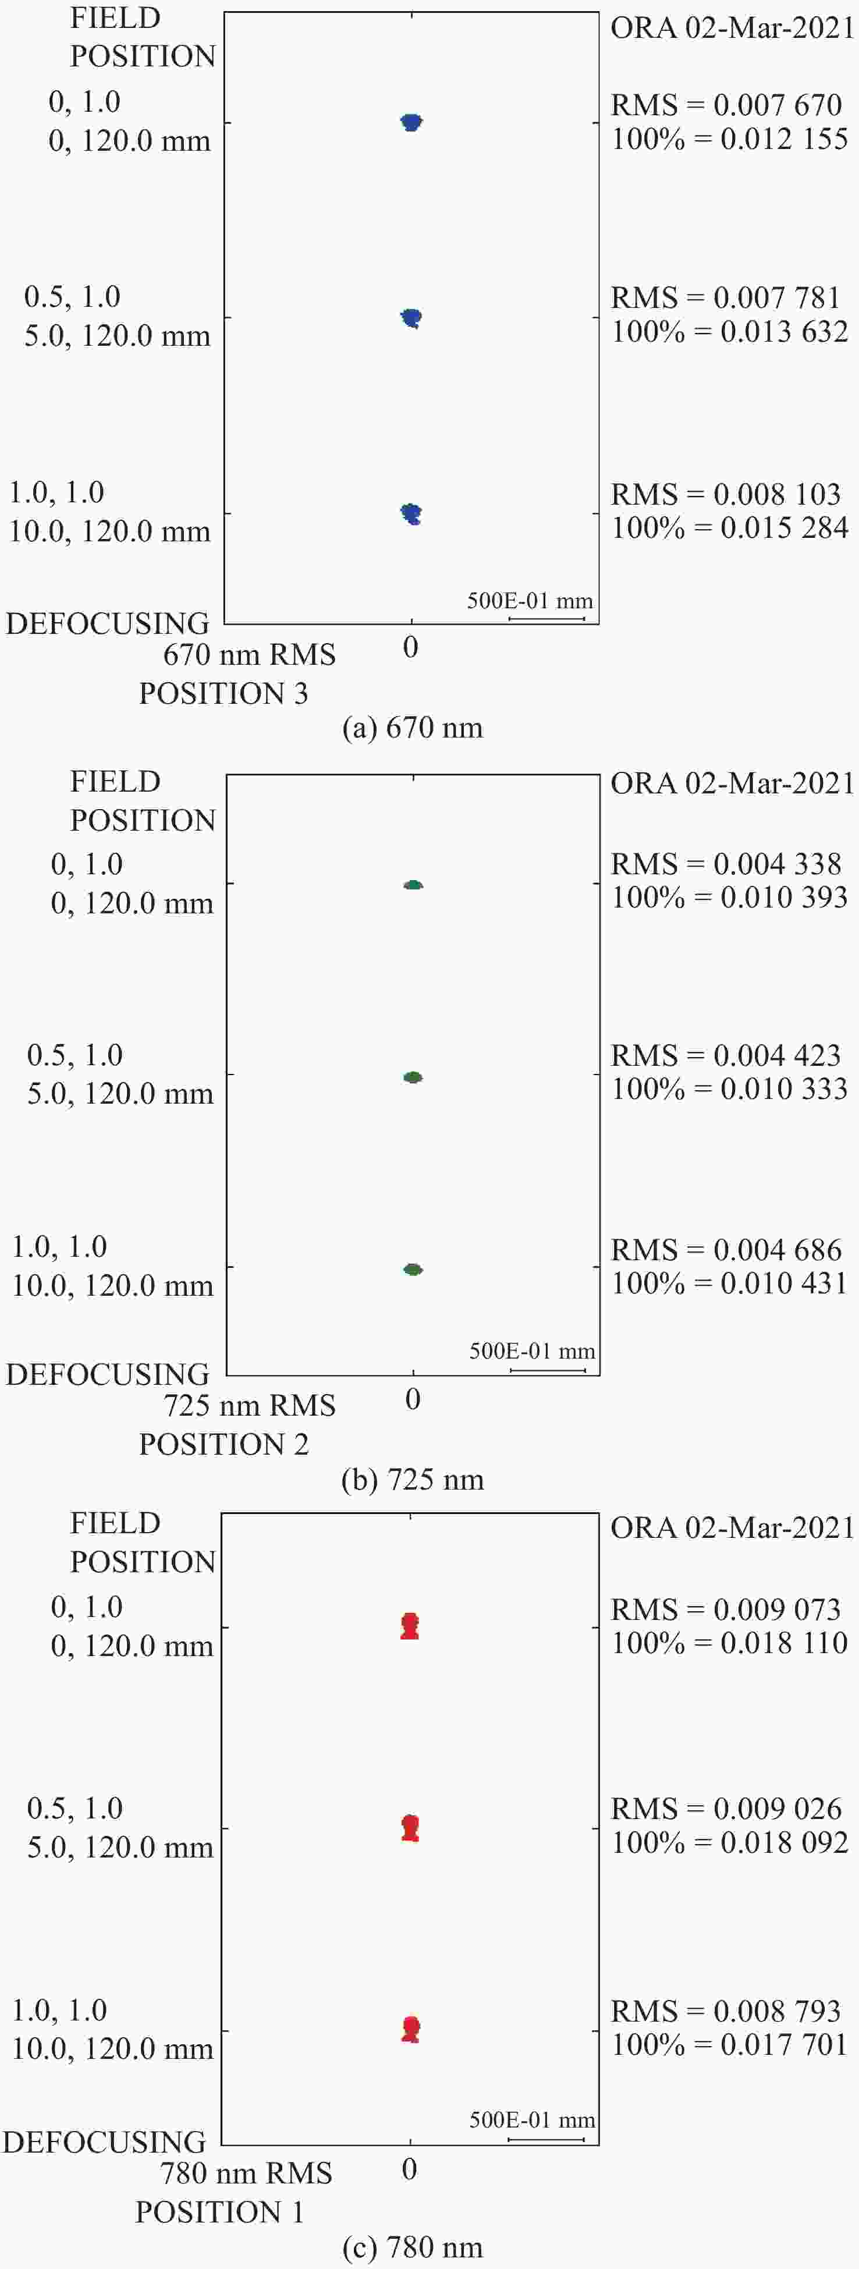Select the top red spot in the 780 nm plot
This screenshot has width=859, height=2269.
click(410, 1626)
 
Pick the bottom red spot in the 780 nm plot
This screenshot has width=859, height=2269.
click(410, 2029)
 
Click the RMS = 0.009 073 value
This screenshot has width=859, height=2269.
click(726, 1609)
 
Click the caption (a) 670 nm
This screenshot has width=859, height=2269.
click(412, 728)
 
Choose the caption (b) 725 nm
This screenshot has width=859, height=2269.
click(412, 1480)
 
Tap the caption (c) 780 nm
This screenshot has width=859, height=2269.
click(412, 2247)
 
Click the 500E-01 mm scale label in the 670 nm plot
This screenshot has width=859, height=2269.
click(530, 601)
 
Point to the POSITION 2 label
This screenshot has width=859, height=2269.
click(224, 1445)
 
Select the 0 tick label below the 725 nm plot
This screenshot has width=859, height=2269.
click(412, 1399)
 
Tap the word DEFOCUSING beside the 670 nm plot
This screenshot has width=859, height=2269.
click(108, 623)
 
